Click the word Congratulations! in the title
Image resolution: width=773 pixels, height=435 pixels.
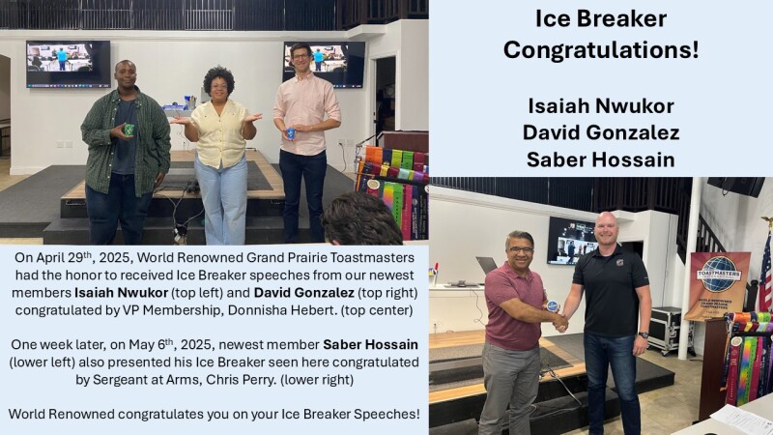click(600, 50)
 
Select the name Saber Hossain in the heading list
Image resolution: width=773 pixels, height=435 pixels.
click(600, 159)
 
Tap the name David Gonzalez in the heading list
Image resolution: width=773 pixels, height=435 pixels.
click(600, 132)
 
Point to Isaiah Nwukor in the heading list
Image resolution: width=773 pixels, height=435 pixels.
click(600, 105)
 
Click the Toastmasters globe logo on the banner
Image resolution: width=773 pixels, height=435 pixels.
click(718, 274)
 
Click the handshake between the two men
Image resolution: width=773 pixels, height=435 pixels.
click(560, 323)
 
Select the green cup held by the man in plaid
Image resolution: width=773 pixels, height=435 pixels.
click(129, 130)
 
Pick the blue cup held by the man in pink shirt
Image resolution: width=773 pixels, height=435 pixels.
click(291, 133)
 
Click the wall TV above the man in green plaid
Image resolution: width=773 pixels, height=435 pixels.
click(68, 64)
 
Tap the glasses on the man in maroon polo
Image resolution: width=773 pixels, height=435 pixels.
click(521, 250)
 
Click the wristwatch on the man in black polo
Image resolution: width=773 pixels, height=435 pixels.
click(643, 335)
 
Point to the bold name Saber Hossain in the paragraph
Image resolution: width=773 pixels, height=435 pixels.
click(370, 344)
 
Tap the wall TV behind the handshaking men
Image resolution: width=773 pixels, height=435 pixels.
click(572, 240)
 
